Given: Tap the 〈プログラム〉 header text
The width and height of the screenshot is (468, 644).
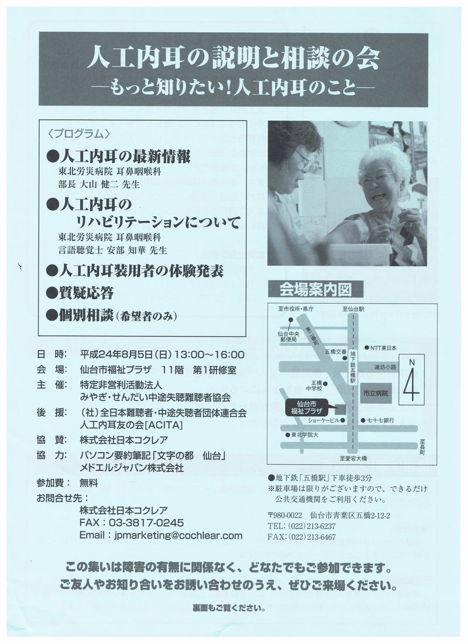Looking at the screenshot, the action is click(x=79, y=133).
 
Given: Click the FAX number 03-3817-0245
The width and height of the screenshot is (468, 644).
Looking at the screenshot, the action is click(x=146, y=523).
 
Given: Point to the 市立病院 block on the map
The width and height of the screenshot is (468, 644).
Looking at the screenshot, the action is click(x=375, y=393).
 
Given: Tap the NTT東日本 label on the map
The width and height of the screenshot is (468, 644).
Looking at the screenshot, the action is click(x=383, y=348).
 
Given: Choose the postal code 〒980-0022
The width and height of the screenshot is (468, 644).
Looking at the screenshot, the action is click(x=285, y=515).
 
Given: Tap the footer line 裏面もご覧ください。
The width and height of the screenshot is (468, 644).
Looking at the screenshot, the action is click(x=229, y=608).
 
